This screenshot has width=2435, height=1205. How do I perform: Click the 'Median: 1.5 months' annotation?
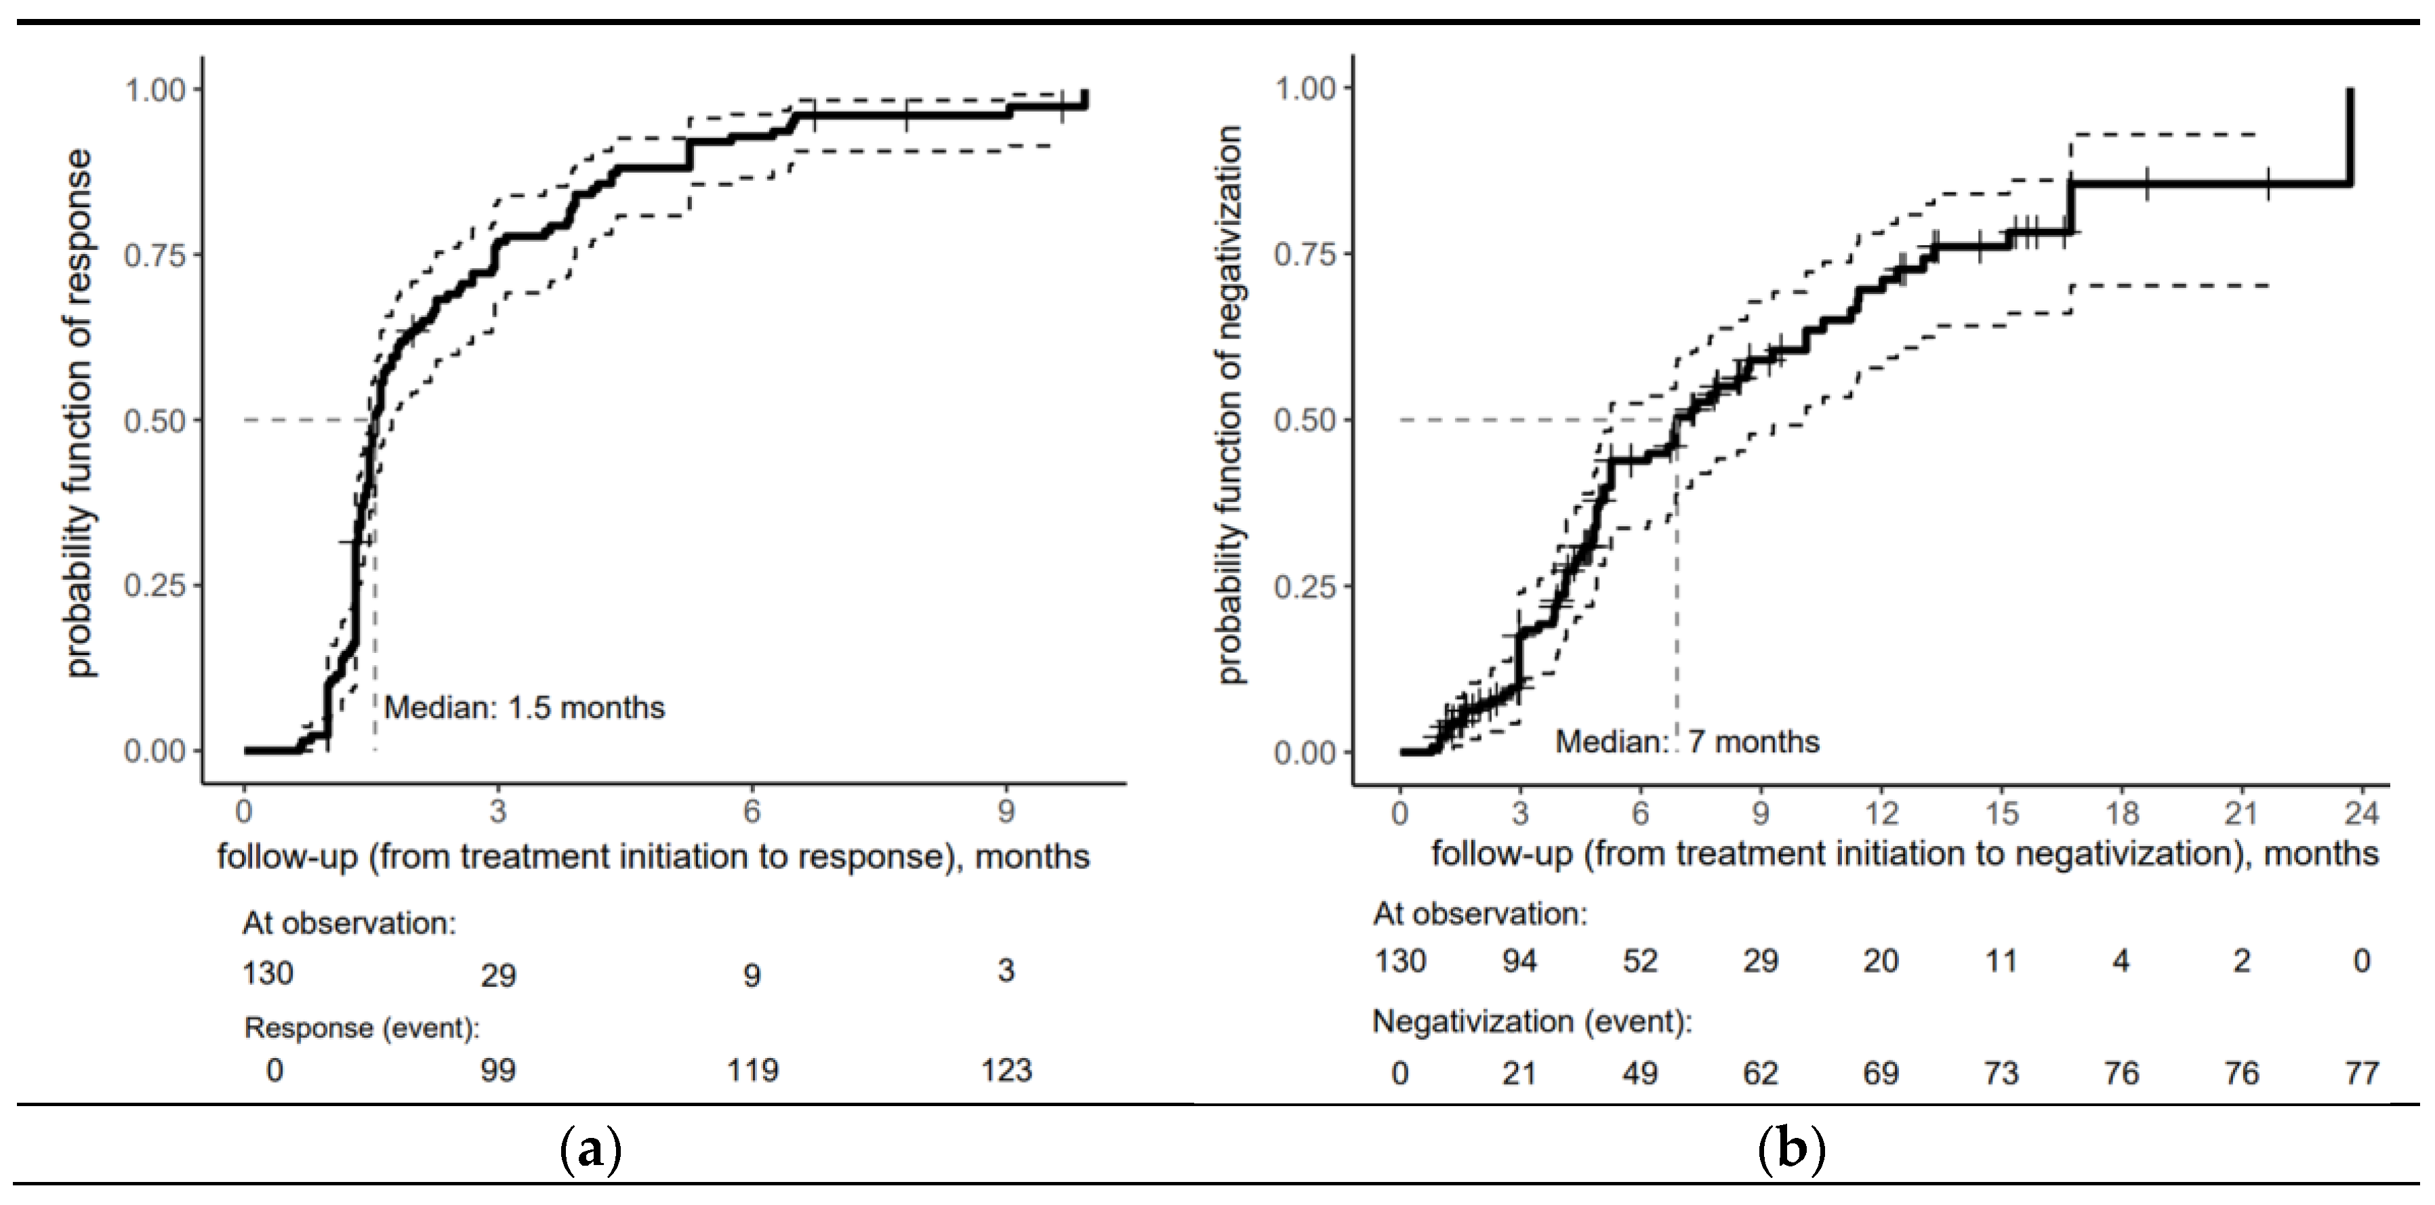pyautogui.click(x=524, y=708)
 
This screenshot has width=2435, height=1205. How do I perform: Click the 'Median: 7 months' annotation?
pyautogui.click(x=1687, y=742)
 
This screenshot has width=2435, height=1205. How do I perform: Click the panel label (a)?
pyautogui.click(x=591, y=1151)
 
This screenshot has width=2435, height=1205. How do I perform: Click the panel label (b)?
pyautogui.click(x=1791, y=1151)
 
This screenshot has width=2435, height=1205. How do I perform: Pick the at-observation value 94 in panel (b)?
pyautogui.click(x=1520, y=961)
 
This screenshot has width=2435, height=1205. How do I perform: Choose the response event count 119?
pyautogui.click(x=752, y=1071)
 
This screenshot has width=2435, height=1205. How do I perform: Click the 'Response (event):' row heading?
pyautogui.click(x=361, y=1028)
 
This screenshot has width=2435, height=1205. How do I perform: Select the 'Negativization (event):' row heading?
pyautogui.click(x=1532, y=1021)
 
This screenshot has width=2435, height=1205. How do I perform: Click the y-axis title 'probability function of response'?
pyautogui.click(x=81, y=413)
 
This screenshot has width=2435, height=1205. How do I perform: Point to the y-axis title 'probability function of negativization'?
pyautogui.click(x=1230, y=406)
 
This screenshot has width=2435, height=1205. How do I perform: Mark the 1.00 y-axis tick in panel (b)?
pyautogui.click(x=1307, y=89)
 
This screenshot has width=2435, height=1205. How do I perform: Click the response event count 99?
pyautogui.click(x=498, y=1071)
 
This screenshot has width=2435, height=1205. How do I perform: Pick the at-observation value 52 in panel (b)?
pyautogui.click(x=1640, y=961)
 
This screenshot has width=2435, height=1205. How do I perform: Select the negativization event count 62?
pyautogui.click(x=1760, y=1074)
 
